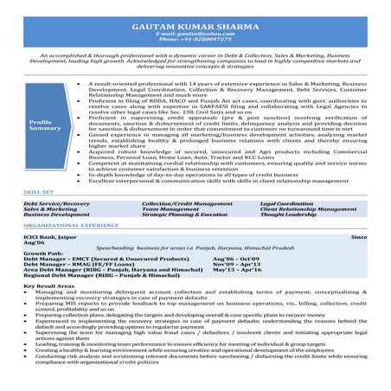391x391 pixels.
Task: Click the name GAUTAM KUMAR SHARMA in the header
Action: coord(195,26)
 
